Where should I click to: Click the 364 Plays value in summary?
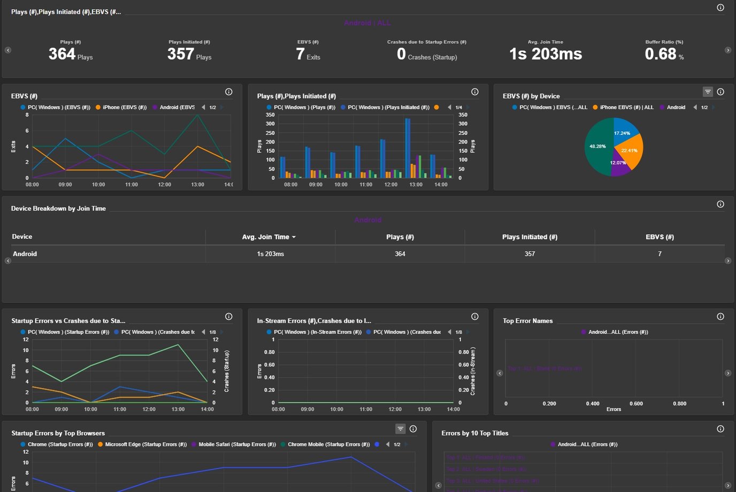(x=62, y=54)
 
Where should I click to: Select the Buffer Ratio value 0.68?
(x=661, y=54)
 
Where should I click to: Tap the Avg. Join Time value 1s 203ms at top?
(x=545, y=54)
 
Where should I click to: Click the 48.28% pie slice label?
(x=597, y=146)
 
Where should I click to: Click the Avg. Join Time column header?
(x=266, y=237)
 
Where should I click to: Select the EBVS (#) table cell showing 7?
(x=660, y=254)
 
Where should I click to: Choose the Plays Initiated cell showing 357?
(x=530, y=254)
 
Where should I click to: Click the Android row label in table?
(x=25, y=254)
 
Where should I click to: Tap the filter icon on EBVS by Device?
(x=708, y=92)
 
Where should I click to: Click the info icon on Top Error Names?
(x=720, y=316)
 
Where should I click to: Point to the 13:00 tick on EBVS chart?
(x=197, y=185)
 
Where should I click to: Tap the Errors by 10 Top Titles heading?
(x=474, y=434)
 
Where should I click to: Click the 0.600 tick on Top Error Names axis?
(x=636, y=404)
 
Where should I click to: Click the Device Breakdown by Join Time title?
(x=58, y=209)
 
